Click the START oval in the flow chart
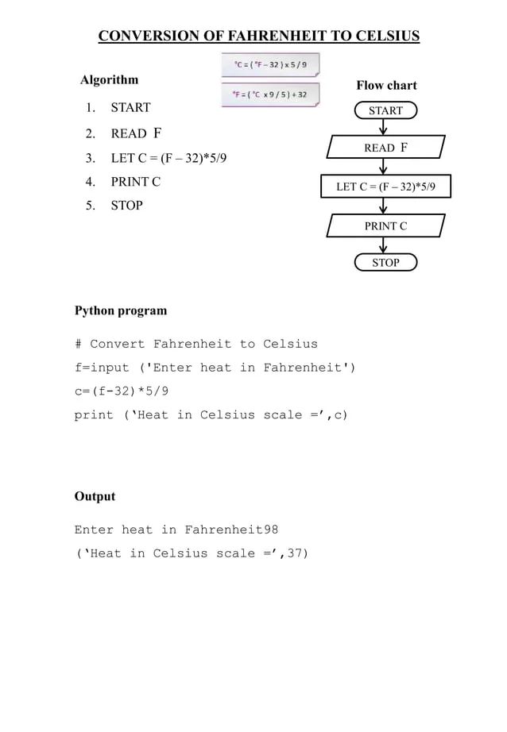[385, 111]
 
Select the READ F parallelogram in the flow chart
[386, 148]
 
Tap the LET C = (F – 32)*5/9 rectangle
[386, 187]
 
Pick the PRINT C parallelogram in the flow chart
[386, 226]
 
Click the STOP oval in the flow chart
[385, 262]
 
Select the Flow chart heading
[386, 85]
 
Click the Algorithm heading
[110, 79]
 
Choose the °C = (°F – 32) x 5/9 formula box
[270, 64]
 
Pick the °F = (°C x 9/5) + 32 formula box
[270, 94]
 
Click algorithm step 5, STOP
[126, 206]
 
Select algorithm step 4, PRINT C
[135, 182]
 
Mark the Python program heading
[121, 310]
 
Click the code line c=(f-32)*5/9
[121, 391]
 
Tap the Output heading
[95, 496]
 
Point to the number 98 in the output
[270, 530]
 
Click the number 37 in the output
[295, 553]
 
